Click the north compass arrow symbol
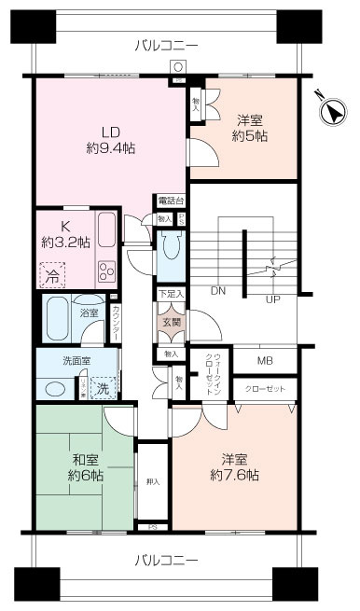(331, 110)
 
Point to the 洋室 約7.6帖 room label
(234, 466)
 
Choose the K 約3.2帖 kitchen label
(64, 233)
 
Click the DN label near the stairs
(217, 291)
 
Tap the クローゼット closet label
(265, 387)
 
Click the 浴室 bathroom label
(90, 313)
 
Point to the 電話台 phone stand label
(171, 201)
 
